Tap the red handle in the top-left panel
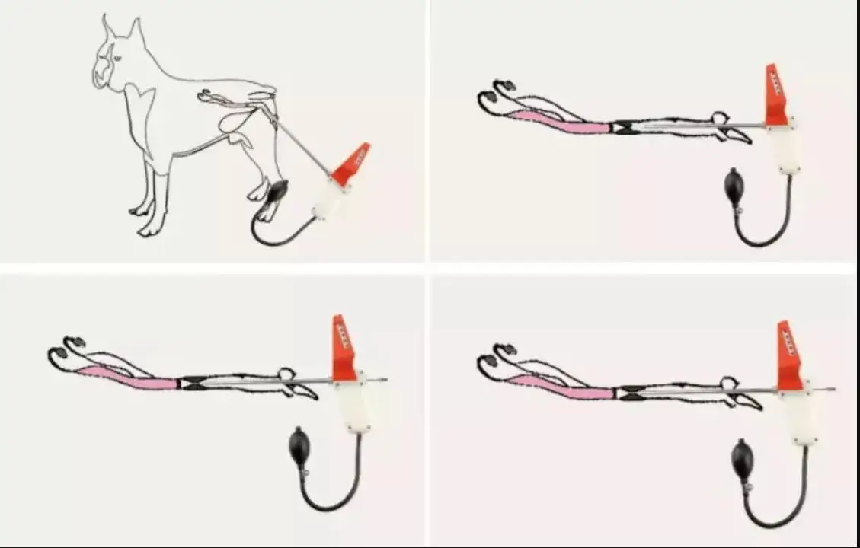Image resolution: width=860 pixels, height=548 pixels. (351, 164)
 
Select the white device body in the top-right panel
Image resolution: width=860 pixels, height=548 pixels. (782, 148)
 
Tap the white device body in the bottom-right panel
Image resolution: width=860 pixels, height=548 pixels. (797, 415)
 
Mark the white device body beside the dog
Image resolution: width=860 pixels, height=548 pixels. (328, 200)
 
